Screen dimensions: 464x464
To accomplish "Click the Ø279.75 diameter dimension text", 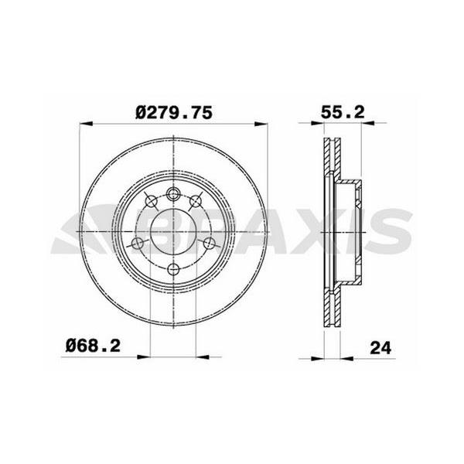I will (x=173, y=112).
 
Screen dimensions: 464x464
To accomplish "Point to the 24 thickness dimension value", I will (x=379, y=349).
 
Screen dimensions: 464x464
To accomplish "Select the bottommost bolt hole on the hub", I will (x=173, y=269).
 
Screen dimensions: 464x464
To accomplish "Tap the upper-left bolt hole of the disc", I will (x=151, y=203).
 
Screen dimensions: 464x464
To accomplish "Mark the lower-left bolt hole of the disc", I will (x=138, y=244).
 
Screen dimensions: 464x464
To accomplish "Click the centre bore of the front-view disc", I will (x=173, y=231).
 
